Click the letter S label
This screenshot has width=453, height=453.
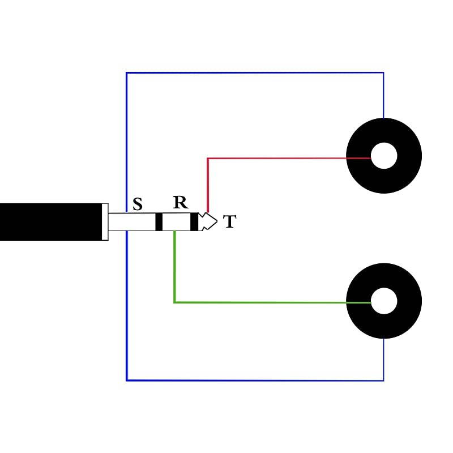tap(138, 204)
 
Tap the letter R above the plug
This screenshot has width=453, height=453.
tap(180, 203)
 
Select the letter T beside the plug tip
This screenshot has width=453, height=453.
tap(229, 222)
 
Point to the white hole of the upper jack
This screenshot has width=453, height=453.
tap(384, 156)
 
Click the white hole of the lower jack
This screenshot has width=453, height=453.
tap(384, 301)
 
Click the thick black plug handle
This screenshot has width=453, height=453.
tap(51, 222)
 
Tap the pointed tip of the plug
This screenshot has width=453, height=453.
tap(214, 221)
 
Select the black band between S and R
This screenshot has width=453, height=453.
tap(159, 222)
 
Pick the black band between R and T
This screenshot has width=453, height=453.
tap(195, 222)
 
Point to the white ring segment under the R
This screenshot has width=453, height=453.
tap(177, 222)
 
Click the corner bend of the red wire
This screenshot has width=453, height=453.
tap(208, 158)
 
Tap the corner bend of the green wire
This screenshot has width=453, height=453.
tap(174, 302)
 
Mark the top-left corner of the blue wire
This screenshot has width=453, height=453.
tap(126, 73)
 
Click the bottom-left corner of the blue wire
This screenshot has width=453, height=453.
tap(126, 380)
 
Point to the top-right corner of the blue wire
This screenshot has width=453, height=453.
tap(383, 73)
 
